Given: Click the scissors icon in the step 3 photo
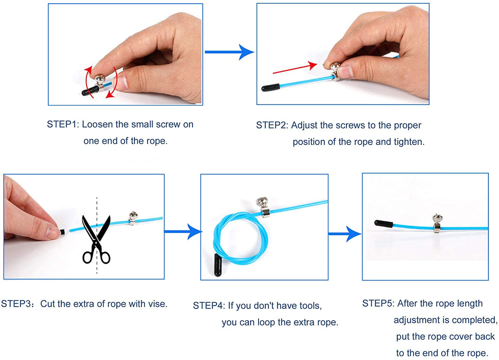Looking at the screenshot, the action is (96, 239).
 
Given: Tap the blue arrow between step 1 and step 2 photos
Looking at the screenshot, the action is (229, 52).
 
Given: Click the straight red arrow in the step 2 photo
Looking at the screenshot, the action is (295, 67).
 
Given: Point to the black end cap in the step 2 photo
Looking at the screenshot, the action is (270, 87).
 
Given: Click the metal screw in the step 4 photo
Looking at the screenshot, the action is (263, 207).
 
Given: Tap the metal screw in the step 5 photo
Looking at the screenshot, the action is (437, 223).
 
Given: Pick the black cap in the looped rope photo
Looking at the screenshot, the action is (218, 265).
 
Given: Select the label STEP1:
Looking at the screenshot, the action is (63, 124).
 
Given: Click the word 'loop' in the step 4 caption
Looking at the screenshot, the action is (267, 322).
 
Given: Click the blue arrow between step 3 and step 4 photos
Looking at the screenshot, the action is (183, 231).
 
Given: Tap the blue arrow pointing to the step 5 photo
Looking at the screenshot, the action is (345, 234).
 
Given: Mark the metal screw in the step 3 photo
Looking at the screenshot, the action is (133, 218).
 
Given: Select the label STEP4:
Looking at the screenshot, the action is (209, 305).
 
